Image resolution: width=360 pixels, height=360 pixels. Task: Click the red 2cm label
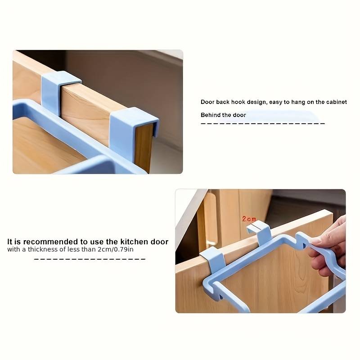click(249, 219)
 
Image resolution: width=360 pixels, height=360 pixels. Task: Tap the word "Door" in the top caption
click(207, 102)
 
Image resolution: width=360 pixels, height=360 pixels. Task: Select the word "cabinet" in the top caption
click(337, 102)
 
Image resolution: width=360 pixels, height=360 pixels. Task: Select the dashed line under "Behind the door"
click(262, 123)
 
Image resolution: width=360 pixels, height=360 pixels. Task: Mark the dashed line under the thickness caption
click(90, 259)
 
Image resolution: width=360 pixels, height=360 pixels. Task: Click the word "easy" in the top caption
click(276, 102)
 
